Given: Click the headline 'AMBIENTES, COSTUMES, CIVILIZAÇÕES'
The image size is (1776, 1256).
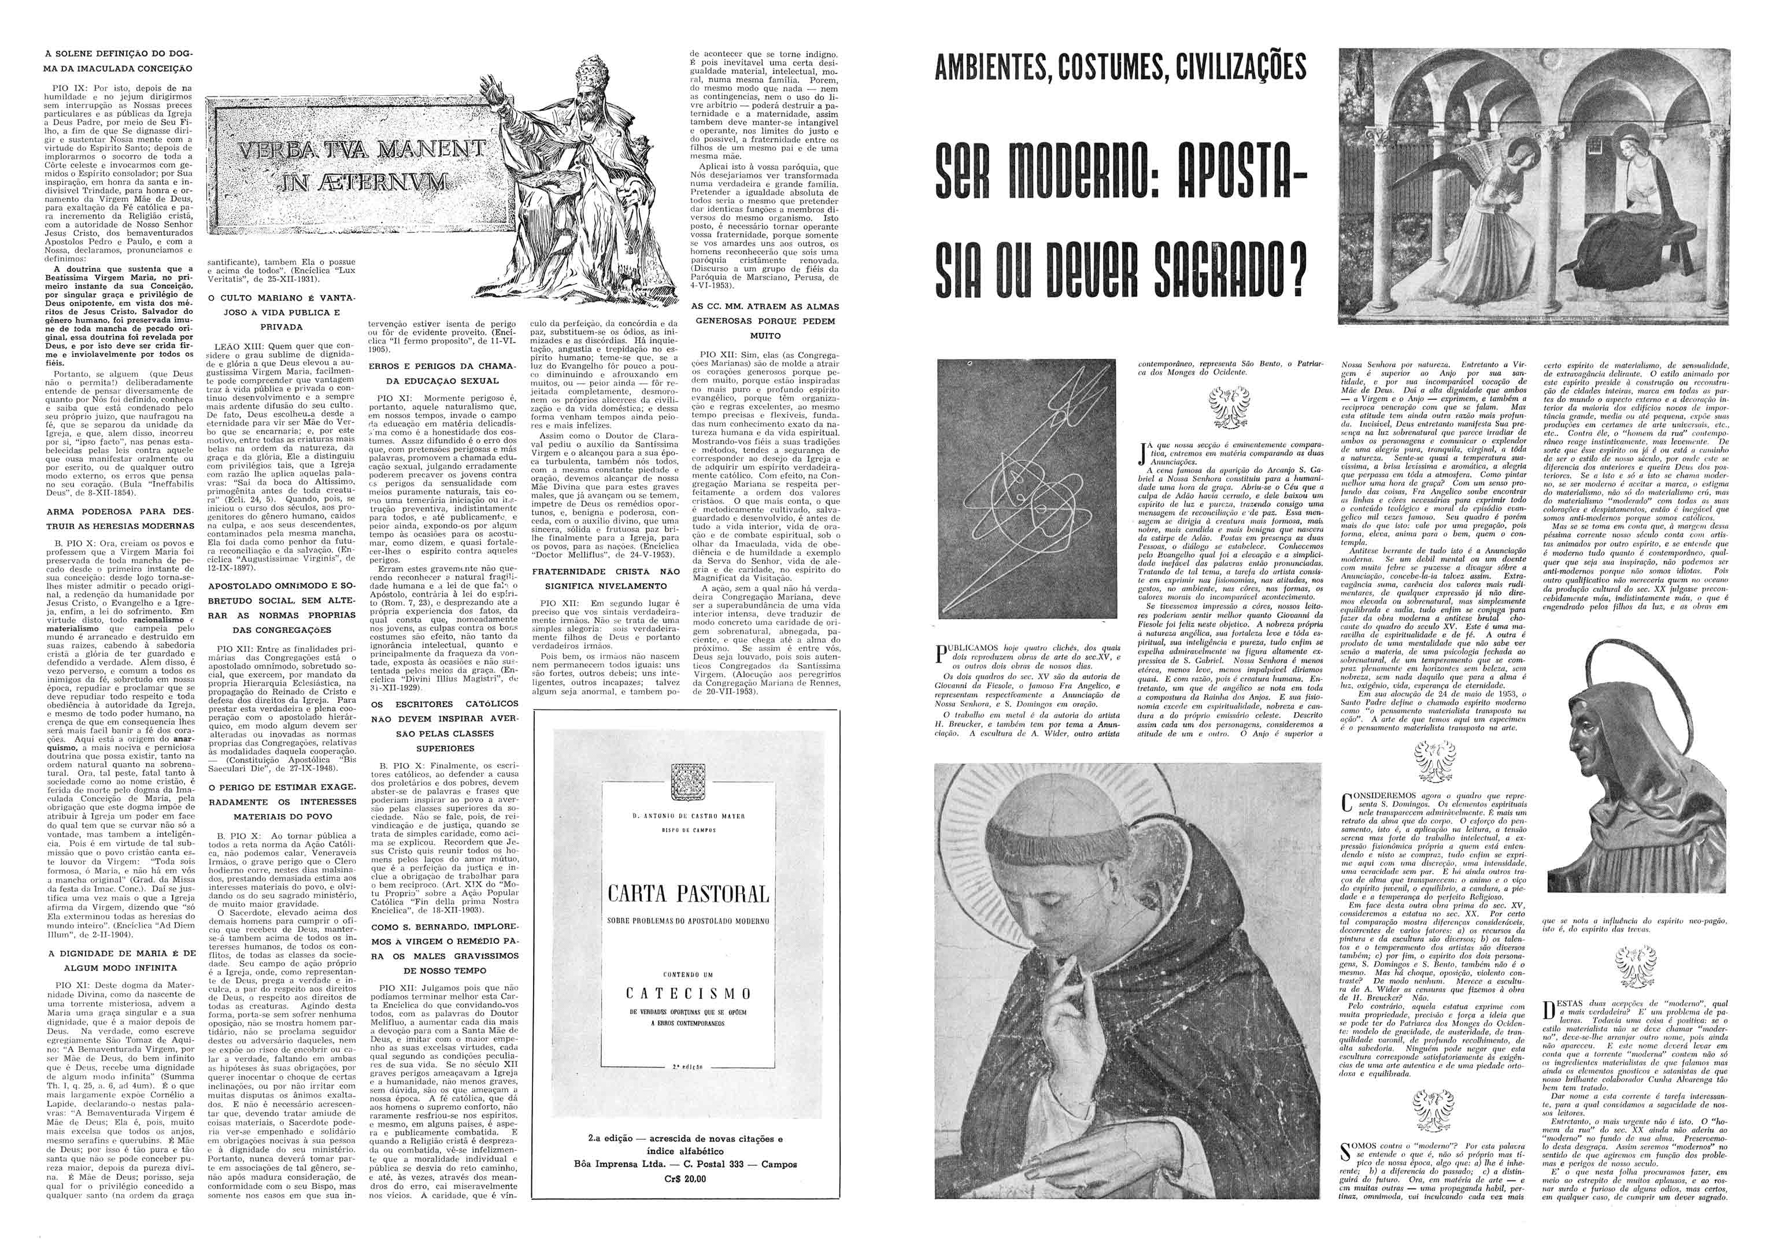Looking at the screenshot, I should [1120, 69].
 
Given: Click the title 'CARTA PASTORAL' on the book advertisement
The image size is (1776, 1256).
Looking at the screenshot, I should [689, 895].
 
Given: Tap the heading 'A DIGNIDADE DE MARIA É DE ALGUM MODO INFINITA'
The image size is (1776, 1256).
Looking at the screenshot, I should [124, 961].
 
